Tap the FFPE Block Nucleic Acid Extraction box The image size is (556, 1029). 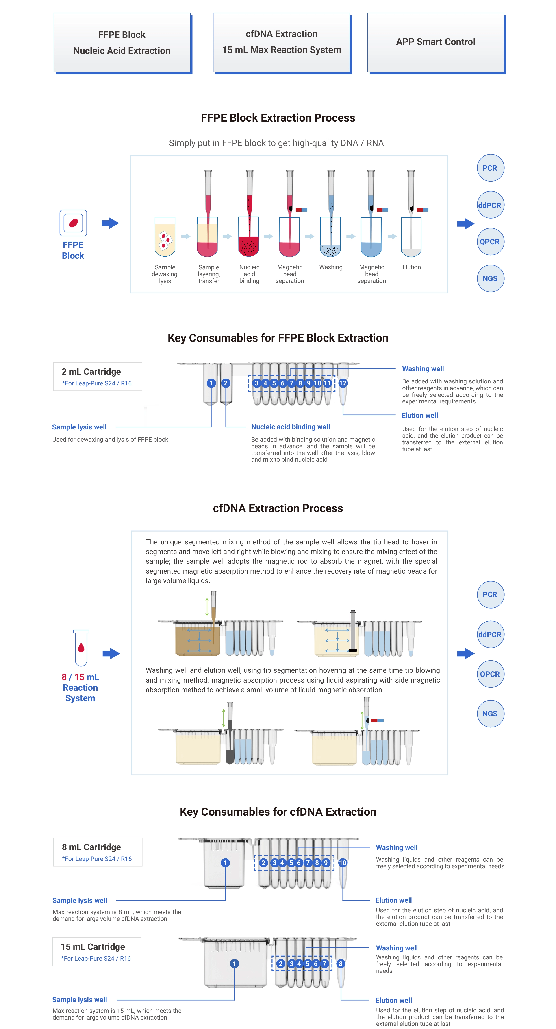[122, 43]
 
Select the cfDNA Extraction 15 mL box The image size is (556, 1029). [281, 42]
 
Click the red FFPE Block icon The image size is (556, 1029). [73, 223]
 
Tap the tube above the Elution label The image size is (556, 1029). [411, 237]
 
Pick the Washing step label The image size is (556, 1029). [331, 267]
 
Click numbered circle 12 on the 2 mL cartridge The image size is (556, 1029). [343, 383]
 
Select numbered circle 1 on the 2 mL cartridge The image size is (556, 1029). [211, 383]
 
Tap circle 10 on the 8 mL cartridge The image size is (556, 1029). [343, 863]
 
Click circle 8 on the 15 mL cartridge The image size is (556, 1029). [341, 963]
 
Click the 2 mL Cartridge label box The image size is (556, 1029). [98, 376]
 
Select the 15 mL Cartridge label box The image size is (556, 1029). [97, 952]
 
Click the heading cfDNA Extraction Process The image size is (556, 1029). [278, 508]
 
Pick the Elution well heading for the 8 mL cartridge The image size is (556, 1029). [393, 900]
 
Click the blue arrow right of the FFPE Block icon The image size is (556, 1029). [110, 223]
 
